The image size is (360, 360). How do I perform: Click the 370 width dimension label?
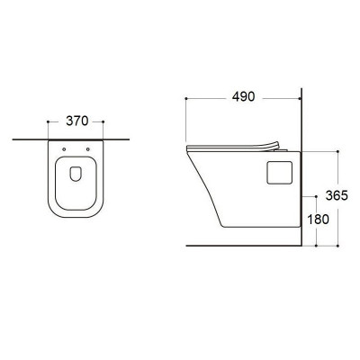[x=77, y=121]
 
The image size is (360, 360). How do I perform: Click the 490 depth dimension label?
[x=243, y=97]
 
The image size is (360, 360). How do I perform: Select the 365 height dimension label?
[x=337, y=195]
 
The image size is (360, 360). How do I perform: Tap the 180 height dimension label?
[x=318, y=220]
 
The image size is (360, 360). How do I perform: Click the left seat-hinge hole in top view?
[x=64, y=149]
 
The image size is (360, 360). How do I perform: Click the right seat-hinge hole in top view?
[x=87, y=149]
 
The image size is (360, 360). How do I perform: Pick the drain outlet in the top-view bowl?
[x=76, y=174]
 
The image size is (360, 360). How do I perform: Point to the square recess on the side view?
[x=279, y=172]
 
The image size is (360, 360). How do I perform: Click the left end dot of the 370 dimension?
[x=48, y=121]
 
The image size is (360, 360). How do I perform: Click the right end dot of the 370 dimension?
[x=103, y=121]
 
